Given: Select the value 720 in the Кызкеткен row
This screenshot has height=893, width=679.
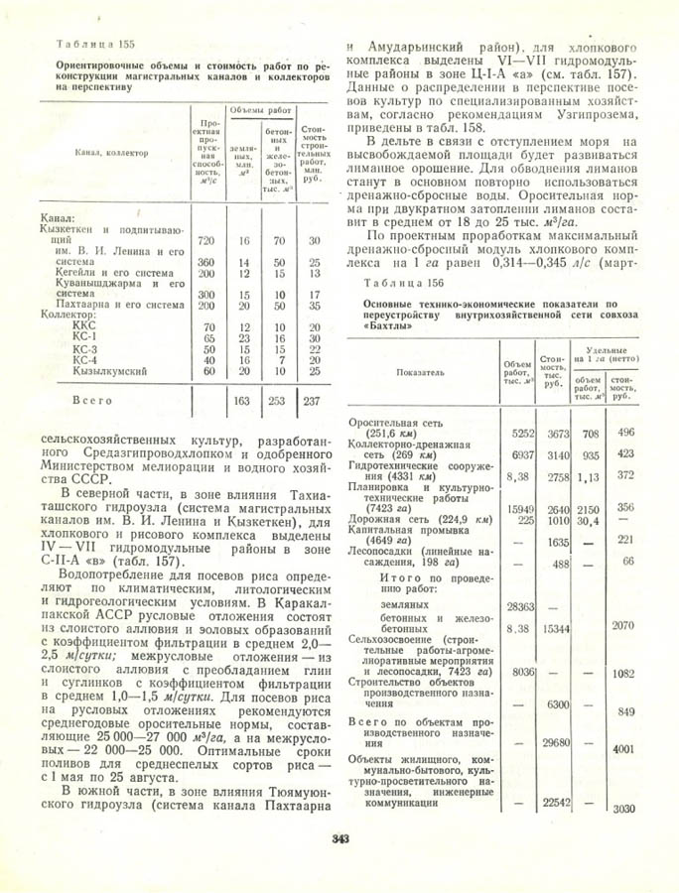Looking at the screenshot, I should click(206, 241).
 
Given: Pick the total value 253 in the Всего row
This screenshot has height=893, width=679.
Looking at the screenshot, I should click(276, 400).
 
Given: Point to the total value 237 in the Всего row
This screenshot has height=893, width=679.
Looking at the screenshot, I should click(313, 400).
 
